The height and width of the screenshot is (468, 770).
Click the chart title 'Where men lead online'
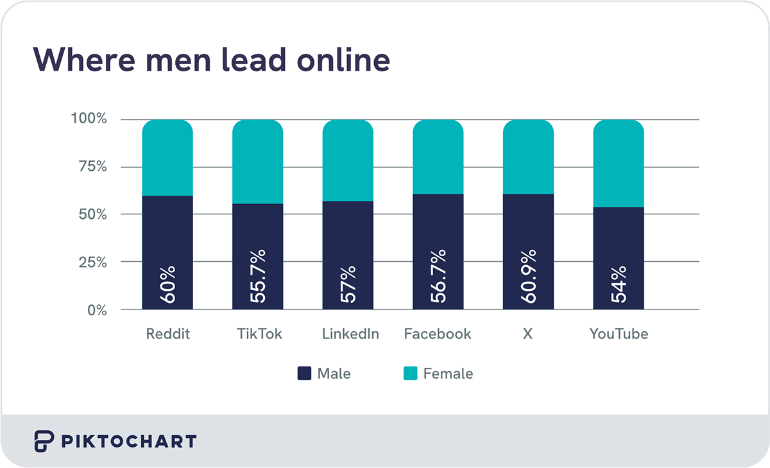(x=211, y=60)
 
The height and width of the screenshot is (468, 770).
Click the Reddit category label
(x=168, y=334)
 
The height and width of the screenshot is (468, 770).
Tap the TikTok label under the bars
(x=259, y=334)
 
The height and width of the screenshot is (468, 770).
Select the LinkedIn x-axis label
(x=350, y=334)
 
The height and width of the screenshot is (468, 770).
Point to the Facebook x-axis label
(x=438, y=334)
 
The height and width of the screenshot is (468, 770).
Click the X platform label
(x=527, y=334)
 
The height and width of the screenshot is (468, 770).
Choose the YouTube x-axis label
(x=619, y=334)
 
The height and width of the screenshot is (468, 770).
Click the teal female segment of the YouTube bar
(x=619, y=164)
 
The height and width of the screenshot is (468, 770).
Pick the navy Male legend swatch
(x=304, y=374)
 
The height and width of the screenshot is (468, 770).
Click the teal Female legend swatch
(x=410, y=374)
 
